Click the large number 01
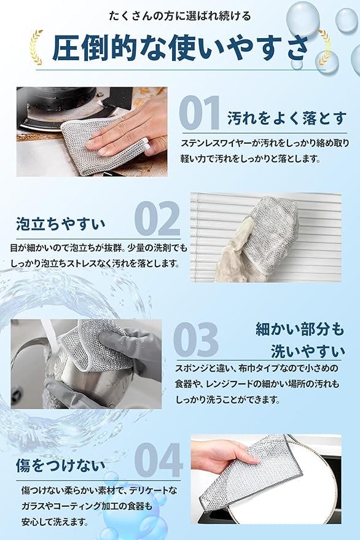click(x=200, y=112)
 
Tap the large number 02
click(x=157, y=218)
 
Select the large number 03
click(x=196, y=339)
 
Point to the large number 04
click(x=158, y=460)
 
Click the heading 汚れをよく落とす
click(x=287, y=119)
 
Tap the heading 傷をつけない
click(x=60, y=465)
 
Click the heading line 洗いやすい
click(x=308, y=351)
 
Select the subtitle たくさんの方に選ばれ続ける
click(x=180, y=16)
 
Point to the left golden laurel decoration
click(x=36, y=47)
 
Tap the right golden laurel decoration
click(x=324, y=47)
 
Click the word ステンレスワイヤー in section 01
click(x=217, y=143)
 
